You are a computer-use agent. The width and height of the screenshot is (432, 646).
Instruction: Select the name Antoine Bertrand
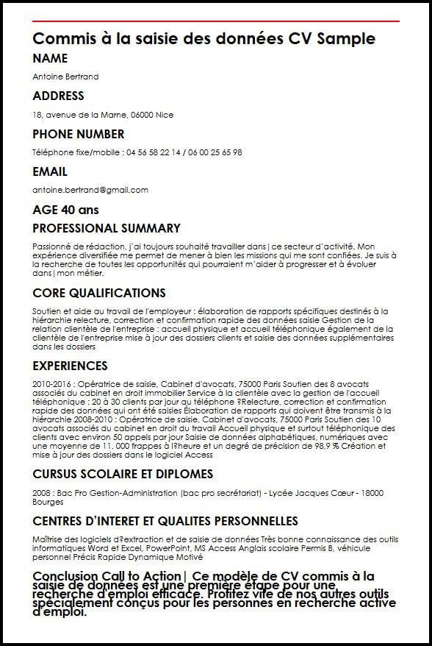pos(65,77)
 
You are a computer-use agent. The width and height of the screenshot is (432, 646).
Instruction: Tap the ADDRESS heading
pos(59,96)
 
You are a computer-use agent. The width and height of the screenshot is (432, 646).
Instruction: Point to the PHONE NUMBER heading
pos(79,134)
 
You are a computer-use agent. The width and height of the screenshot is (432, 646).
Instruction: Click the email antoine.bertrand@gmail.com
pos(90,190)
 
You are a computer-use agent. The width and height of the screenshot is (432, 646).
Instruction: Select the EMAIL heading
pos(50,171)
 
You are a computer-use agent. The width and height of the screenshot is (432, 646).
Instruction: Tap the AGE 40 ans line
pos(65,210)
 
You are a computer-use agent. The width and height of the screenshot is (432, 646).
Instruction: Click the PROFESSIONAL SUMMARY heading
pos(107,228)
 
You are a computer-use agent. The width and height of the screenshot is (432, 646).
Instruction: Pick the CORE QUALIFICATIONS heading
pos(99,293)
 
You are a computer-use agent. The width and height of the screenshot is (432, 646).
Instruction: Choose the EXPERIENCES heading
pos(70,366)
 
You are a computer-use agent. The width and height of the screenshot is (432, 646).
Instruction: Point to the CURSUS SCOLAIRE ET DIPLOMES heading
pos(123,474)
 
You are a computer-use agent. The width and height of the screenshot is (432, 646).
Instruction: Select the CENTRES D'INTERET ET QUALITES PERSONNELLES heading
pos(165,521)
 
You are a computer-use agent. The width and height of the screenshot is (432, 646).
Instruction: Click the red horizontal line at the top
pos(216,21)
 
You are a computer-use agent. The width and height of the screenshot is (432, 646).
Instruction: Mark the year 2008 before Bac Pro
pos(42,492)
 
